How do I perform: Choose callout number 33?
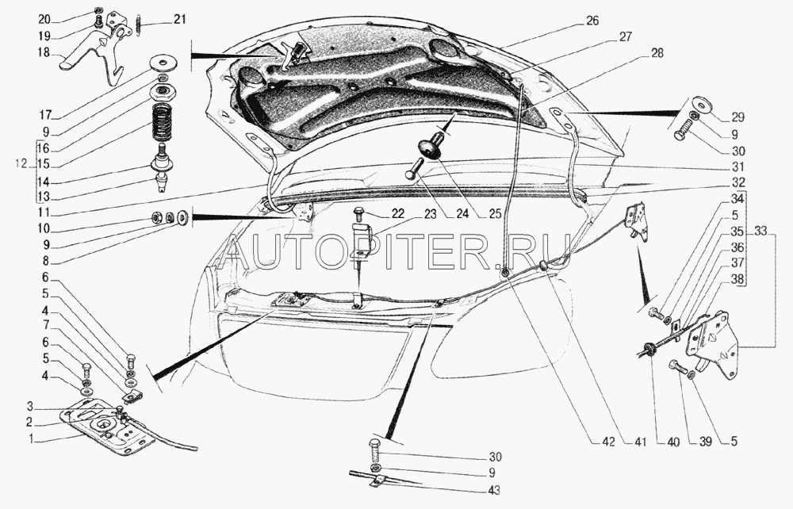(x=760, y=232)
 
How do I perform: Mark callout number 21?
(x=181, y=20)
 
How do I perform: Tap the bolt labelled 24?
(x=414, y=170)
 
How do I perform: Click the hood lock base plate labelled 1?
(x=107, y=428)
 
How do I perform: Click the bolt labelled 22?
(x=358, y=213)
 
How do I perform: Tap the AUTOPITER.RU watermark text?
(x=396, y=251)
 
